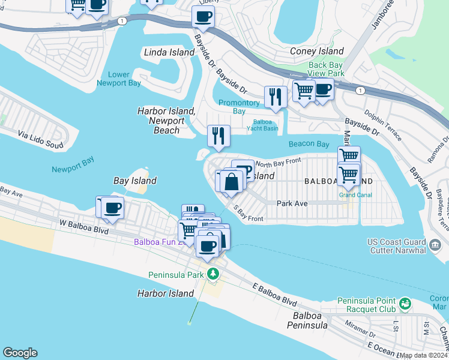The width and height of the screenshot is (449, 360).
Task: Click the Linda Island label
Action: [x=169, y=52]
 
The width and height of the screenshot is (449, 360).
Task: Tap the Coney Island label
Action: [x=317, y=52]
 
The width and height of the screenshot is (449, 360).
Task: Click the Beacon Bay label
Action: [x=309, y=144]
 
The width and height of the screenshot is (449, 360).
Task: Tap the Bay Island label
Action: [x=135, y=181]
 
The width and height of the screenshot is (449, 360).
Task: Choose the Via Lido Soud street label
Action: [x=40, y=136]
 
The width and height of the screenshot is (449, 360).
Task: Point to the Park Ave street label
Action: [x=292, y=203]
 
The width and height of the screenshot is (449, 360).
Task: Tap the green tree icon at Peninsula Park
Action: [x=212, y=274]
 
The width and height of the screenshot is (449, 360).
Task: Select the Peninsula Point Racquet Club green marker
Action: [x=406, y=304]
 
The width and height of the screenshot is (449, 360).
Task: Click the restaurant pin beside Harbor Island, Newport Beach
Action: [x=218, y=136]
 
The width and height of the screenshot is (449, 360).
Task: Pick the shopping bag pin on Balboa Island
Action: [x=231, y=181]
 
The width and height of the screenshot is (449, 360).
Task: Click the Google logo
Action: [x=20, y=353]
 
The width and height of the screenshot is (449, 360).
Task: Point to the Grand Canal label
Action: [x=355, y=195]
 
